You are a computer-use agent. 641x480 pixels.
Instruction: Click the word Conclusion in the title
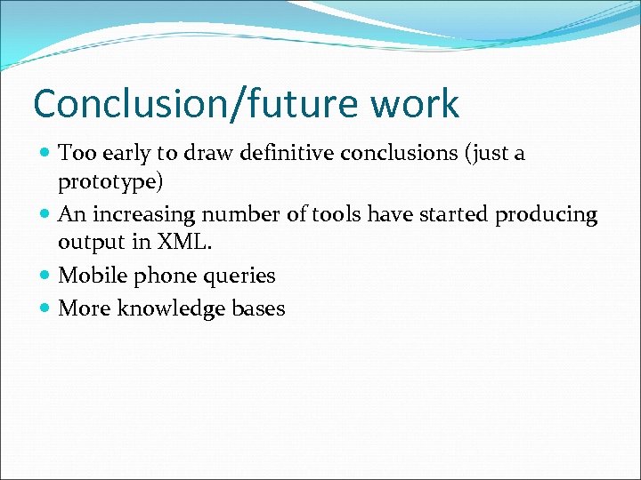pos(126,104)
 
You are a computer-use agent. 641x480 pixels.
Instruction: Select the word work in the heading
pos(416,104)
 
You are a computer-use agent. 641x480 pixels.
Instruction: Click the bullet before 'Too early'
pos(45,154)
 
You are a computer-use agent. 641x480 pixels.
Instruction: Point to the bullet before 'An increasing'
pos(45,215)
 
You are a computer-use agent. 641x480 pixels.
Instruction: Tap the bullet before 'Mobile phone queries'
pos(45,276)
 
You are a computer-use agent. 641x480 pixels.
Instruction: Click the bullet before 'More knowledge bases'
pos(45,309)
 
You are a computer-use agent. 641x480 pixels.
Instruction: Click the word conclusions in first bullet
pos(405,153)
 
